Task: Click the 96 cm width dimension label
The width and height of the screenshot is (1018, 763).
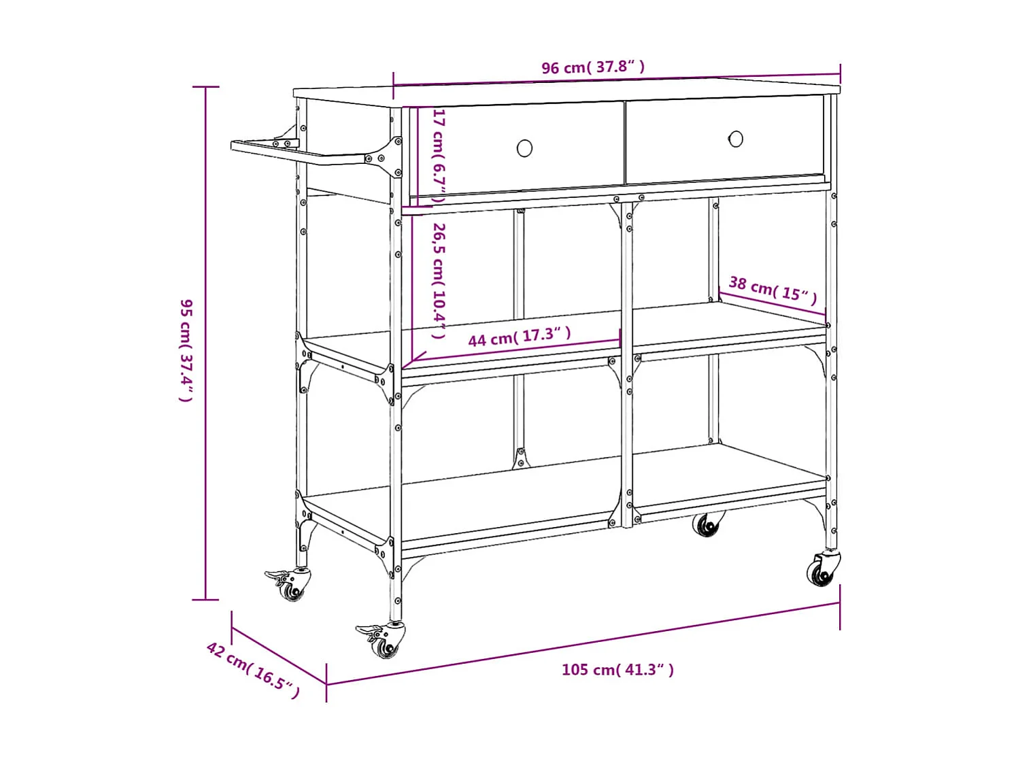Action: pos(592,67)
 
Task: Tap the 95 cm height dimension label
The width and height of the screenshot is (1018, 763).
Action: pos(186,350)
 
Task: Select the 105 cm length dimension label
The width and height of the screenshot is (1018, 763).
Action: pos(617,670)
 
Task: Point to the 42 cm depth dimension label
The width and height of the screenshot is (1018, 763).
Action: pos(252,670)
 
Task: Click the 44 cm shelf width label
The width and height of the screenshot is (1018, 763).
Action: pos(519,336)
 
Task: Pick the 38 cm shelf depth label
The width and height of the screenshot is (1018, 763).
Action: pos(773,288)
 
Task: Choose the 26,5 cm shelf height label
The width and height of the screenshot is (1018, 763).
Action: pos(439,280)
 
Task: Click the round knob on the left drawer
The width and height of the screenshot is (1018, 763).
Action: pos(524,148)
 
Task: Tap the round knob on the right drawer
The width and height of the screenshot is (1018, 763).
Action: pos(736,139)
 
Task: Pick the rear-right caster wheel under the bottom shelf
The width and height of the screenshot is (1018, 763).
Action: pos(707,525)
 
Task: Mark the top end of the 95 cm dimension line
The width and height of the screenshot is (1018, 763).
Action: pos(205,87)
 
